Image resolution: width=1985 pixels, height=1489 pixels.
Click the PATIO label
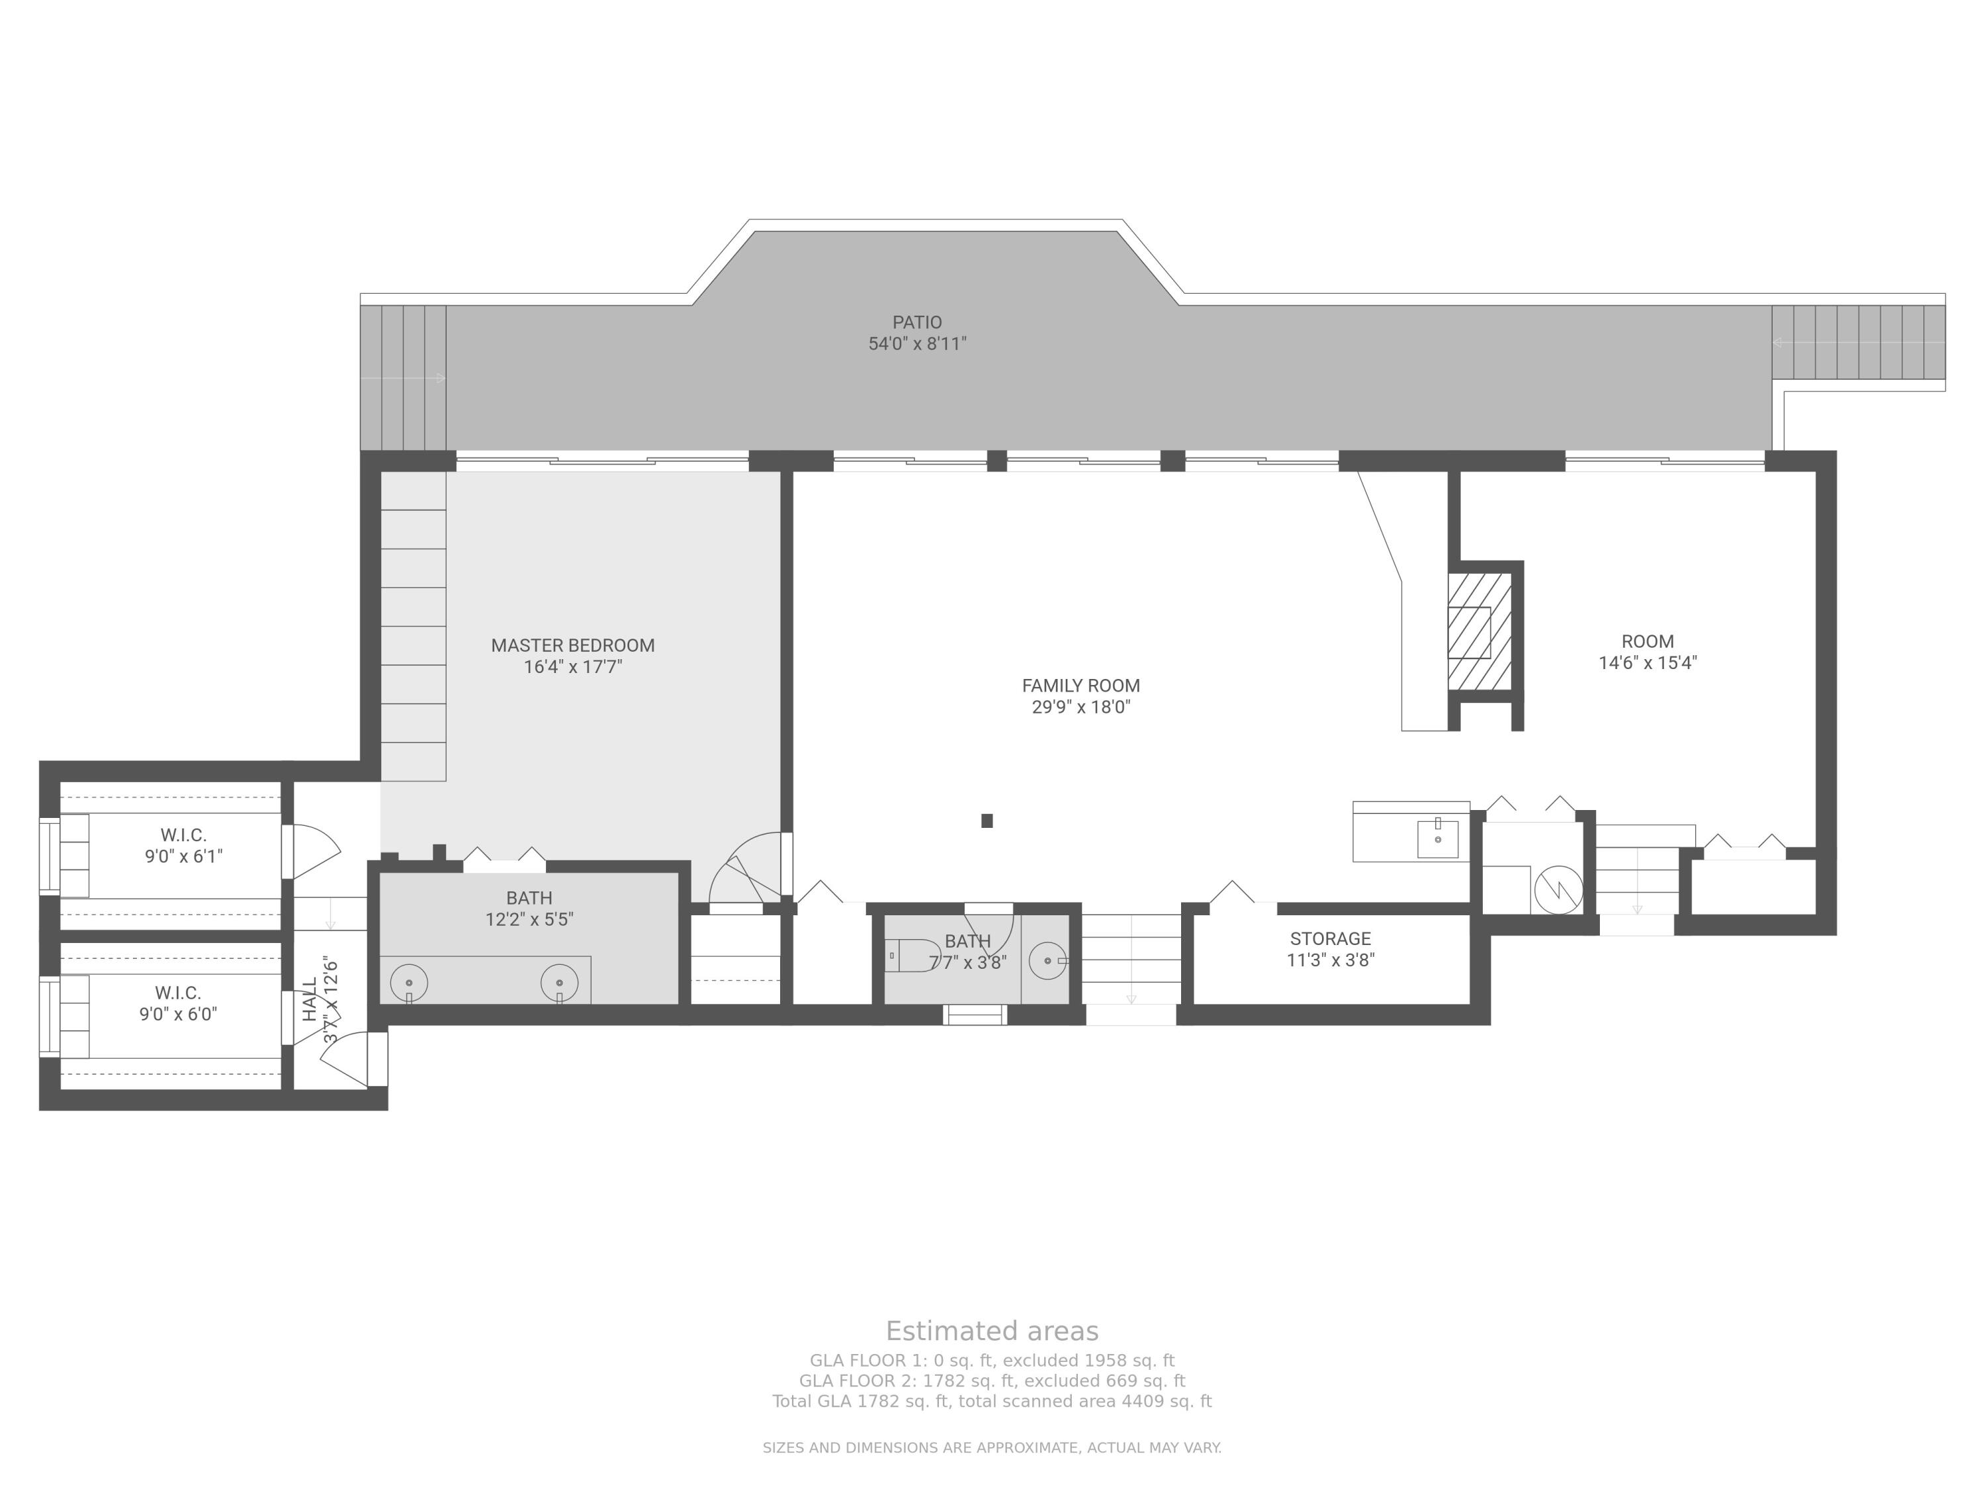(x=916, y=322)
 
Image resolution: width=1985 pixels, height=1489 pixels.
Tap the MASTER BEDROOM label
(x=572, y=645)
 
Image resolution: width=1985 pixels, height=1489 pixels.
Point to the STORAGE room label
(x=1330, y=939)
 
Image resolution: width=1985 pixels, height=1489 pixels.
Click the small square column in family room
(x=987, y=821)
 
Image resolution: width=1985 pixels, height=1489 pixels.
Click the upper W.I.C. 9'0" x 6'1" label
(x=183, y=846)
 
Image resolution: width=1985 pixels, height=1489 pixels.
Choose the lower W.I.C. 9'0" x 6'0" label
(x=178, y=1003)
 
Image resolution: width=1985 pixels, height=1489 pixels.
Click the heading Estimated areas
(x=992, y=1331)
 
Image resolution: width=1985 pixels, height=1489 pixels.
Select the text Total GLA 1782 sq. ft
(x=860, y=1401)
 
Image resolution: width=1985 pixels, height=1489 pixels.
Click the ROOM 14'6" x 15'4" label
(x=1647, y=653)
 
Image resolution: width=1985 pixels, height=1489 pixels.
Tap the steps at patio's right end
(x=1857, y=342)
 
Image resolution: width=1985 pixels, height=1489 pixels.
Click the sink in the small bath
(x=1047, y=960)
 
